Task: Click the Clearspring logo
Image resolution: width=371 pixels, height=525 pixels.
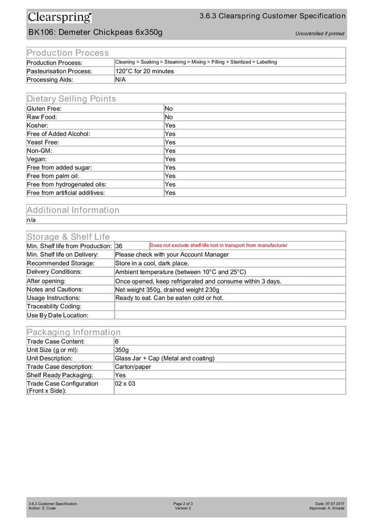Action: pos(60,18)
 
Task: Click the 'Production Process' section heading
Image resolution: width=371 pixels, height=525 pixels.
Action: pos(68,53)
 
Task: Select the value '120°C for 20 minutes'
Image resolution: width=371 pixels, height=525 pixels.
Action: pos(144,71)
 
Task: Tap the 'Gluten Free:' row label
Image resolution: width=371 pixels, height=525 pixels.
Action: pos(44,109)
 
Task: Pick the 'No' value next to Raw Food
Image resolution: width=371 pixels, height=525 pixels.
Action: pos(168,117)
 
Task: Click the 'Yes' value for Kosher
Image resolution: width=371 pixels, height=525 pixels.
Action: pos(170,125)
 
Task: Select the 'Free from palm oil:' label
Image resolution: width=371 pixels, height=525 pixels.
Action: pos(53,176)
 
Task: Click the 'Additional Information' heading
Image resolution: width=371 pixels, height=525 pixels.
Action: pos(73,210)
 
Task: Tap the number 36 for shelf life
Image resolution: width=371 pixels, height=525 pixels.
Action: pos(119,246)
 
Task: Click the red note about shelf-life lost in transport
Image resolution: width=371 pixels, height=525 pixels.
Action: pos(218,245)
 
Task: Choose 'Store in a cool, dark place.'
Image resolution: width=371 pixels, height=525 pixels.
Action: pos(152,264)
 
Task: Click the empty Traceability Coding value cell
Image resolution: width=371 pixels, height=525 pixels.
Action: pos(229,306)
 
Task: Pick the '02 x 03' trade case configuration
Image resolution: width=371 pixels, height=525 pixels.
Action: pos(125,384)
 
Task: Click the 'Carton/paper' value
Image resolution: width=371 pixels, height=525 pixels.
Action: pos(133,367)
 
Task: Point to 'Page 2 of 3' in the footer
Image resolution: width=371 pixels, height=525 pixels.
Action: pos(183,503)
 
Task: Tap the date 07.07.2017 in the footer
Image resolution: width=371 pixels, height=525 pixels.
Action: pos(335,503)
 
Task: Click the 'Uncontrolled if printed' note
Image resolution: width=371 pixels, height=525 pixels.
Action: pos(319,34)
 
